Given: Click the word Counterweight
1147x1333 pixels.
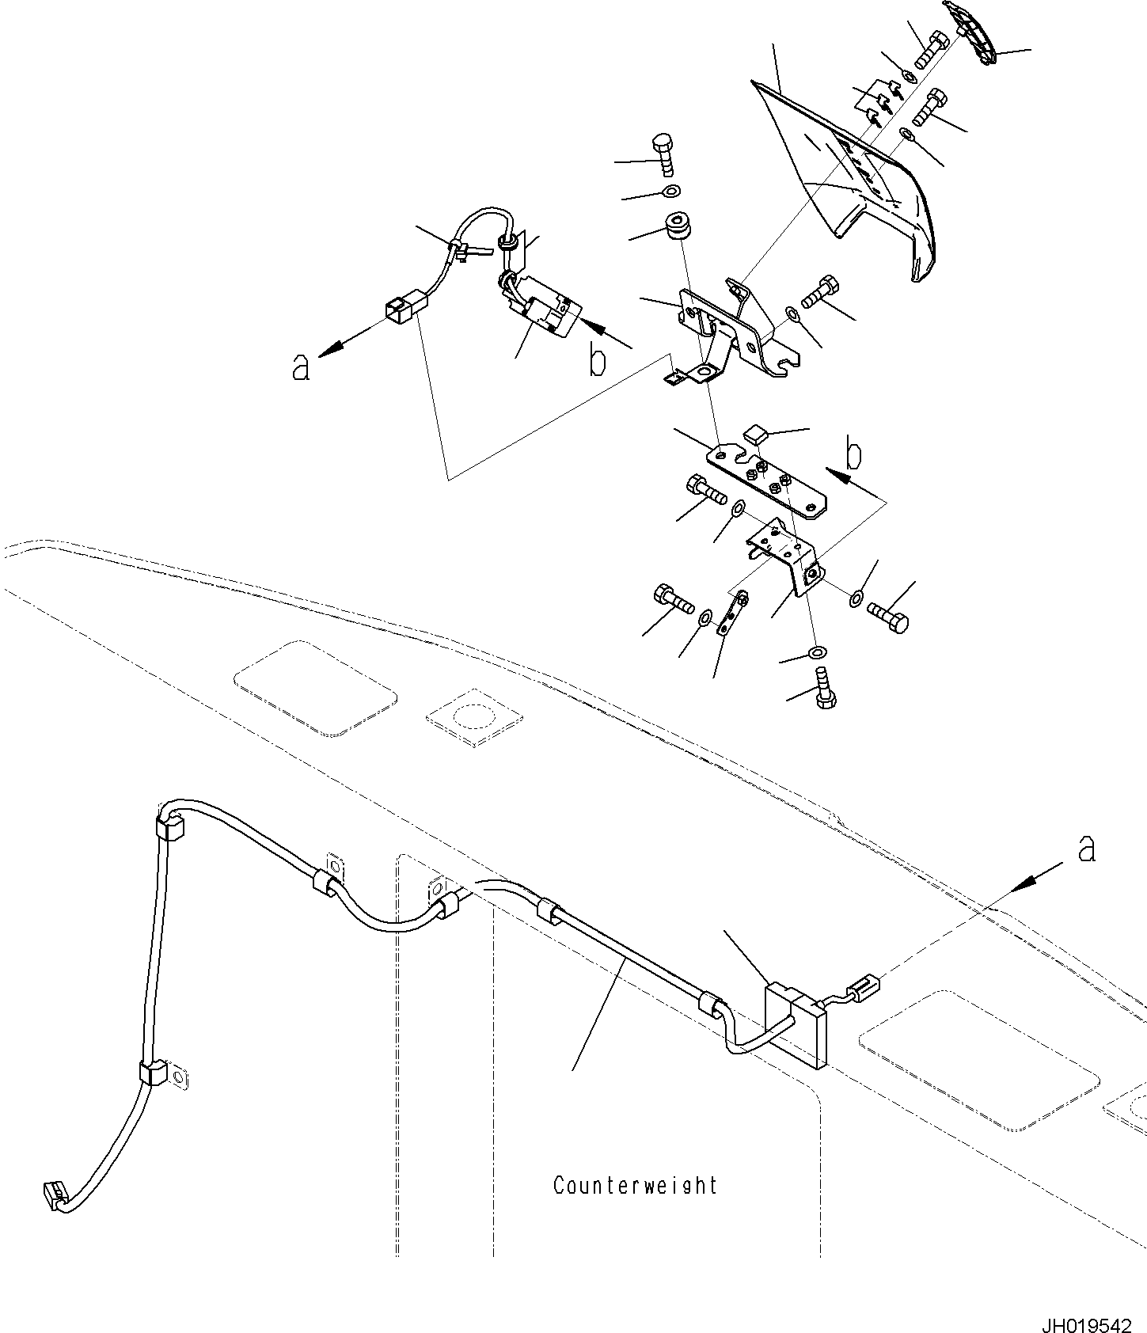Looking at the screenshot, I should [x=636, y=1186].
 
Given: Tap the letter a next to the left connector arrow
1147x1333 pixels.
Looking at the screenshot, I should [x=300, y=367].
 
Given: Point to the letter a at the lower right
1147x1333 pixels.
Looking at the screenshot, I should [x=1087, y=849].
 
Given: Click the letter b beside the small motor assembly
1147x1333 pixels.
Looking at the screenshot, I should [x=598, y=361].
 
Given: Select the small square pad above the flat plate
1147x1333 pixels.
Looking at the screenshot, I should [x=756, y=433].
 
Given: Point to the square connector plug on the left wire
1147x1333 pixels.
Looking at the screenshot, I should [x=403, y=307].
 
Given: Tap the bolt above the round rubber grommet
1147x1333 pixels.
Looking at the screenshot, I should [x=663, y=157].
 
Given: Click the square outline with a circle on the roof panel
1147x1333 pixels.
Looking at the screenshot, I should [x=473, y=717].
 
